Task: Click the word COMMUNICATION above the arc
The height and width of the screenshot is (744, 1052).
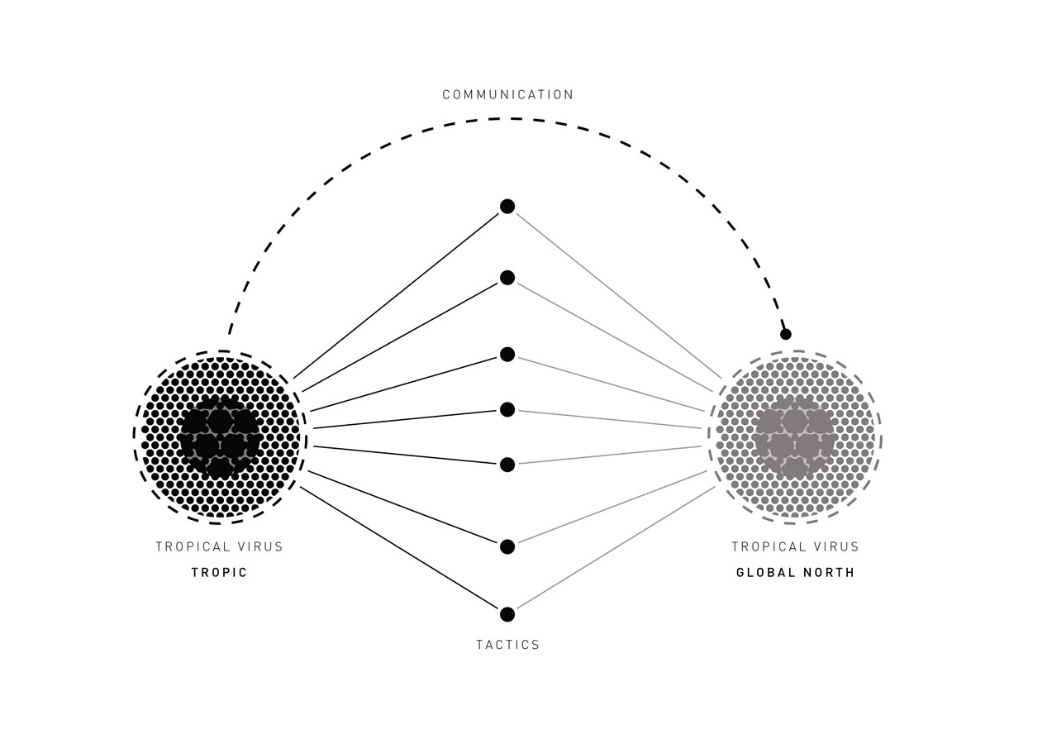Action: [x=507, y=94]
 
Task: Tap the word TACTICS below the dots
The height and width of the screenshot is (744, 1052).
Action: [x=507, y=645]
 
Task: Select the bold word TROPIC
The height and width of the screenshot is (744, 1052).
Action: [x=219, y=573]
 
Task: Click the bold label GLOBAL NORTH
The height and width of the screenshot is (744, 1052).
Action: [x=795, y=573]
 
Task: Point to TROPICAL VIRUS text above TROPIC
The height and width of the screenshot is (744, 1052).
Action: [x=219, y=546]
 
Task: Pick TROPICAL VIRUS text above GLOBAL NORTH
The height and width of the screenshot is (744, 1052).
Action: [x=795, y=546]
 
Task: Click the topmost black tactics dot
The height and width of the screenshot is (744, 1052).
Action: [x=507, y=206]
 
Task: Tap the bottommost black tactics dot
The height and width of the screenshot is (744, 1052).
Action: [x=507, y=614]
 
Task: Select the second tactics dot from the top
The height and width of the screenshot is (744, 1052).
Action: [x=507, y=278]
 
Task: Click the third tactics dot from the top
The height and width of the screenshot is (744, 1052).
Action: [x=507, y=355]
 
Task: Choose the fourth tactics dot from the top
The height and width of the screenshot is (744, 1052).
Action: [x=507, y=409]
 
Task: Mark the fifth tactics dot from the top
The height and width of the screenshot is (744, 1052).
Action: [x=507, y=465]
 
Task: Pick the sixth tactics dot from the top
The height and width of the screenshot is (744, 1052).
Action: [x=507, y=546]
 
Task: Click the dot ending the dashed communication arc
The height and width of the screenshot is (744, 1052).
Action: [x=786, y=335]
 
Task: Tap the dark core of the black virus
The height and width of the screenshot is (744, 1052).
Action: [x=220, y=436]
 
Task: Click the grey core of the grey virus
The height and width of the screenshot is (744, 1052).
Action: [x=795, y=436]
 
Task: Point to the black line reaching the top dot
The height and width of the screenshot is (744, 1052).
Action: [x=396, y=296]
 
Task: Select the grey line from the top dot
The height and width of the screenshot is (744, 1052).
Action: [x=618, y=296]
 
